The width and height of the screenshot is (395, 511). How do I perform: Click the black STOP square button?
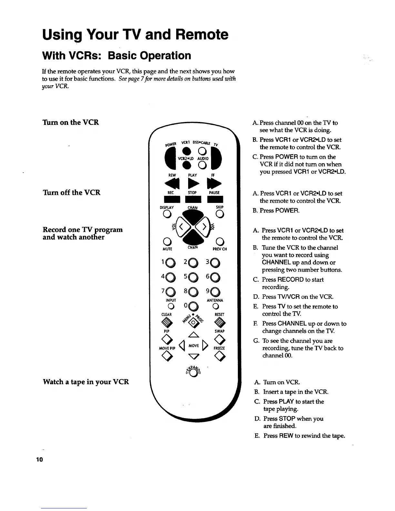[x=193, y=199]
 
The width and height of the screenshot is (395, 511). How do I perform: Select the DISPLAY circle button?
[x=167, y=214]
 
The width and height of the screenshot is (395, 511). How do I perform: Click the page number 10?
[x=39, y=459]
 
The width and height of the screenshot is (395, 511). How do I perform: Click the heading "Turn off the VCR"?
[x=71, y=193]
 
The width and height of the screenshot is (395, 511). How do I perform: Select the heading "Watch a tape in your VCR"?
[x=86, y=382]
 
